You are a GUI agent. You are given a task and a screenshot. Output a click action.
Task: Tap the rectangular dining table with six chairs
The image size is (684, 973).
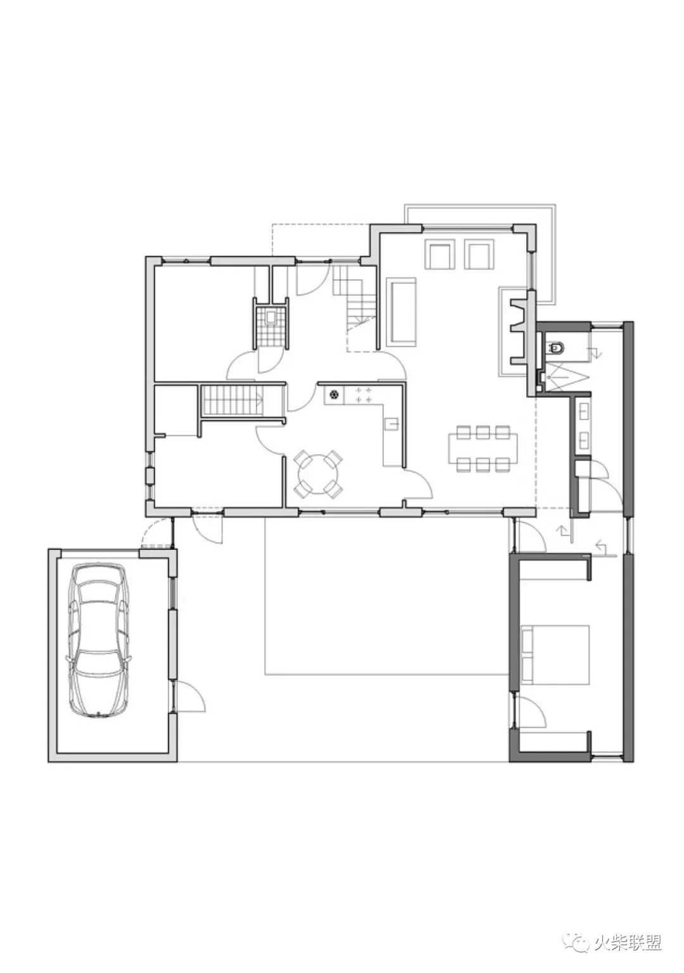click(x=483, y=448)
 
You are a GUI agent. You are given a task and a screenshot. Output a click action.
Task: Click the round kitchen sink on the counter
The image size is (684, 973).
click(x=334, y=395)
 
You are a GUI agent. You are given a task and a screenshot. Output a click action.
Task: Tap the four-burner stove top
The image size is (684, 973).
click(x=363, y=395)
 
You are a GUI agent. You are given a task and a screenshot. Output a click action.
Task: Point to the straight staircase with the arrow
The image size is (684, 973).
click(x=233, y=401)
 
